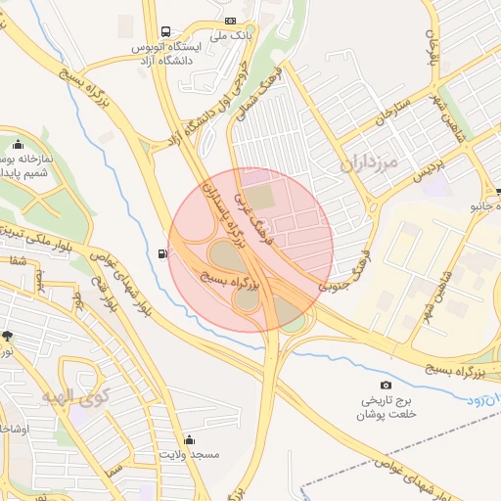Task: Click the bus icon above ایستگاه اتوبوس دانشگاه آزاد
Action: pyautogui.click(x=164, y=31)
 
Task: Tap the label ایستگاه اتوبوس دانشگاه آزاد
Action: pyautogui.click(x=164, y=53)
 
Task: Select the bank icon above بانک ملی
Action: pyautogui.click(x=230, y=21)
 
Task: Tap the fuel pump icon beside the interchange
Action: pyautogui.click(x=162, y=254)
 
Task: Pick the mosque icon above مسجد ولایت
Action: pyautogui.click(x=189, y=439)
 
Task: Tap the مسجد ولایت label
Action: pyautogui.click(x=191, y=455)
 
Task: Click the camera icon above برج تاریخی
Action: pyautogui.click(x=386, y=386)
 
